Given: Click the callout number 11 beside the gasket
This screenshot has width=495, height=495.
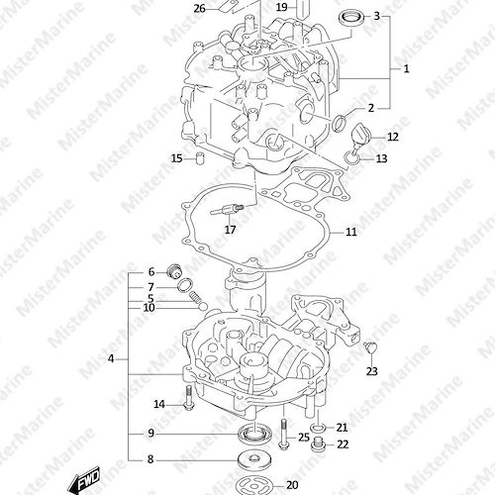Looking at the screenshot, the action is pyautogui.click(x=351, y=232).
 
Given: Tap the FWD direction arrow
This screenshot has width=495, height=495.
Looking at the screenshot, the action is pyautogui.click(x=84, y=479).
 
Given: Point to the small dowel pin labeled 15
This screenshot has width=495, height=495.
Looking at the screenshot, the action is pyautogui.click(x=200, y=158).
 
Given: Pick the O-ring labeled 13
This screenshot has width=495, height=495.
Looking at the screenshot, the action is pyautogui.click(x=352, y=158).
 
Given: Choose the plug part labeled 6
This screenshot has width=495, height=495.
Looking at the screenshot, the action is pyautogui.click(x=175, y=271).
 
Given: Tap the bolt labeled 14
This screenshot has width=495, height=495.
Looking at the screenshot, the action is pyautogui.click(x=189, y=399).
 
